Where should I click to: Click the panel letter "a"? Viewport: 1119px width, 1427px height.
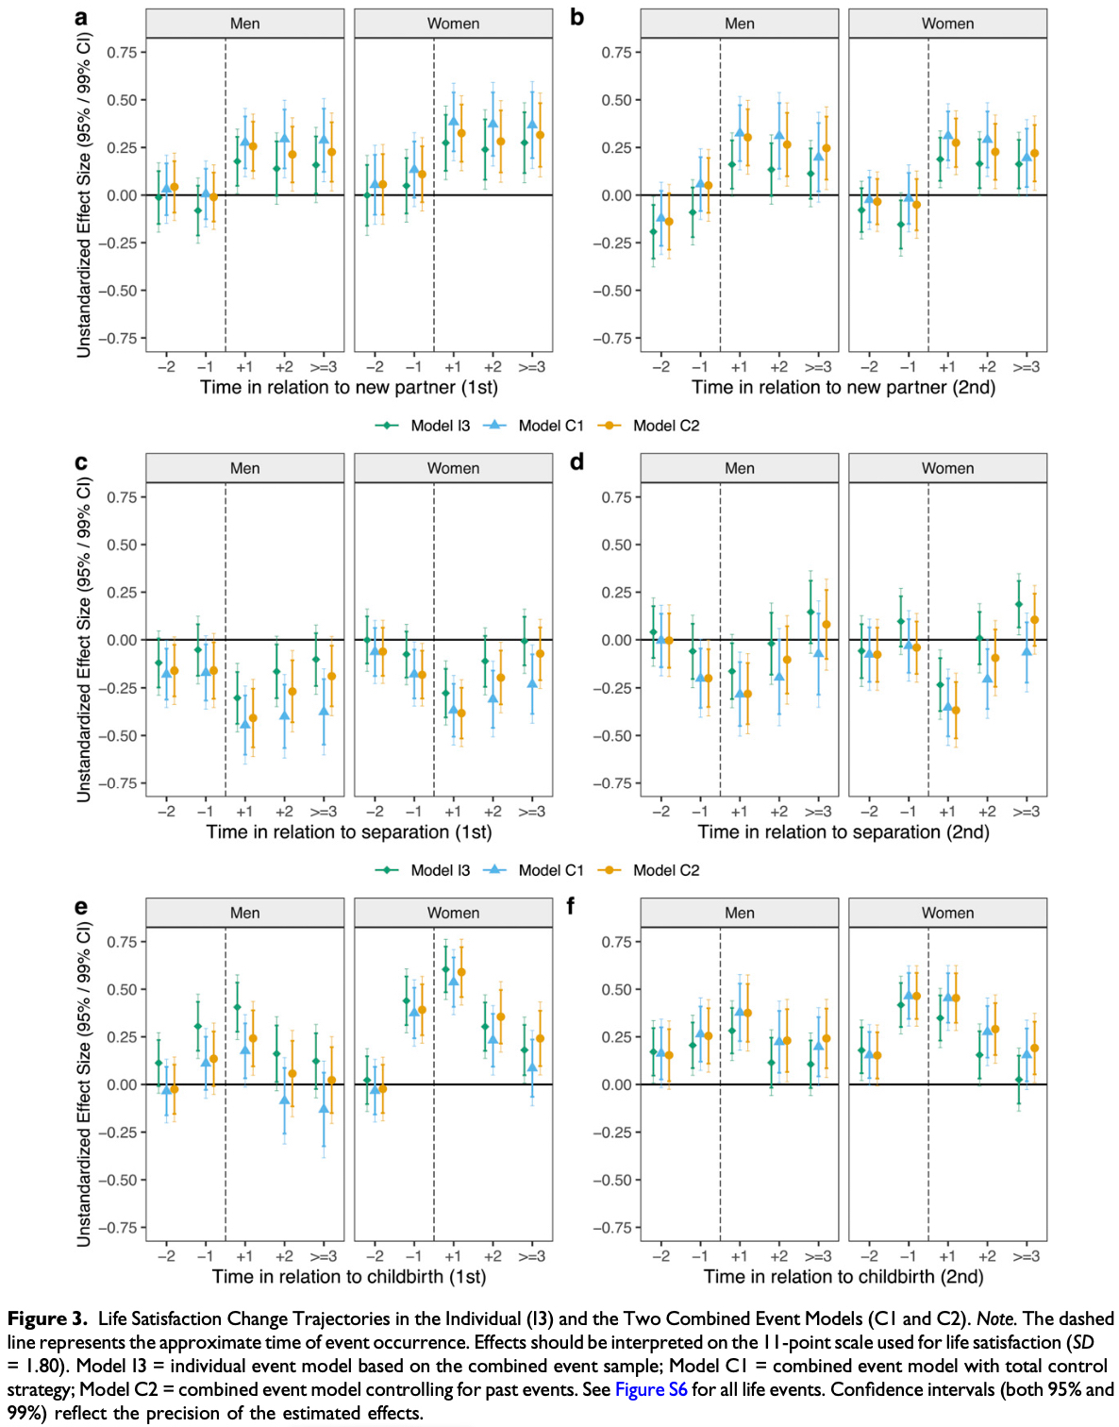point(81,18)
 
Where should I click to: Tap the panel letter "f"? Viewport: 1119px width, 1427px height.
point(570,906)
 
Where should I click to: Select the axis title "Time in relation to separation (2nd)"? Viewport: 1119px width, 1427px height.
point(843,831)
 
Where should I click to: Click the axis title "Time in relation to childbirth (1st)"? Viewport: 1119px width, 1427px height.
point(349,1276)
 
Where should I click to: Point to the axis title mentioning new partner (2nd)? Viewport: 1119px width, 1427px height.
point(843,387)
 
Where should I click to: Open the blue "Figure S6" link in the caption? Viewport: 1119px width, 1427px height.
point(651,1389)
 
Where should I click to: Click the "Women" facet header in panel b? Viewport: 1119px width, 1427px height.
point(947,24)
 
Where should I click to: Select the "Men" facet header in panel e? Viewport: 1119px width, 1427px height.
point(244,913)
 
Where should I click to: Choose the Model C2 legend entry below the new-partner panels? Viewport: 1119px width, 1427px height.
point(666,426)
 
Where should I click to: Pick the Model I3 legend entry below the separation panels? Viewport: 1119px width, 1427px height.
point(440,870)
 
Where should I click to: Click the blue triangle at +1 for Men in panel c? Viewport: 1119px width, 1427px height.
point(245,724)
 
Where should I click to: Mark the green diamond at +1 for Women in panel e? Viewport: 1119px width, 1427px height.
point(446,969)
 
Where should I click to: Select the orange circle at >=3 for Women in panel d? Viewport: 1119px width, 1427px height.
point(1034,620)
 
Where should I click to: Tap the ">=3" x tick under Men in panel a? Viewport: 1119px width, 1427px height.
point(324,367)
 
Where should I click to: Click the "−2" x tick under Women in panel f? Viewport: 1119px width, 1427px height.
point(869,1256)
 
